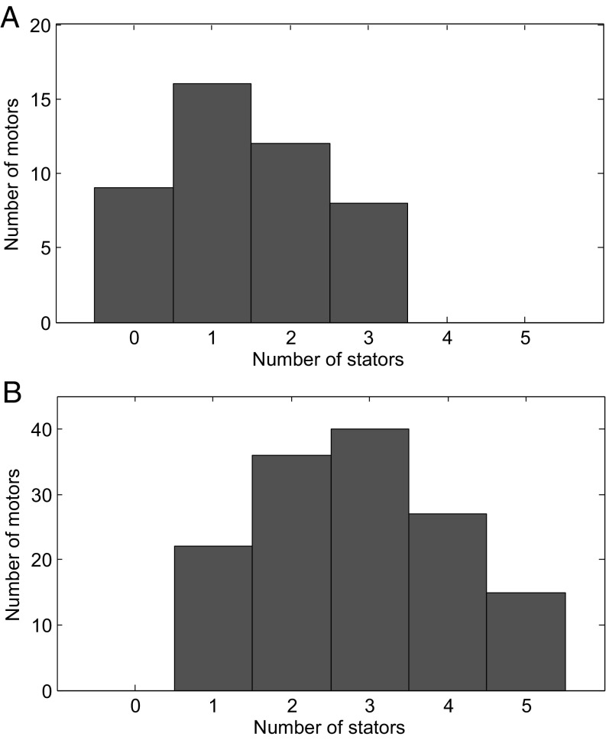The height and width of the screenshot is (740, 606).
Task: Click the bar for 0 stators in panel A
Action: pyautogui.click(x=134, y=255)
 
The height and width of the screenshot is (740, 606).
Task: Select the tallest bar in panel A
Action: pyautogui.click(x=212, y=202)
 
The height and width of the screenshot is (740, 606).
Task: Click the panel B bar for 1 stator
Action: pyautogui.click(x=213, y=619)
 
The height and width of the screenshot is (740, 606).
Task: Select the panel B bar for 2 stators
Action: pyautogui.click(x=291, y=573)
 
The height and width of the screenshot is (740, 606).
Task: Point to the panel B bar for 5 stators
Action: pyautogui.click(x=526, y=641)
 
